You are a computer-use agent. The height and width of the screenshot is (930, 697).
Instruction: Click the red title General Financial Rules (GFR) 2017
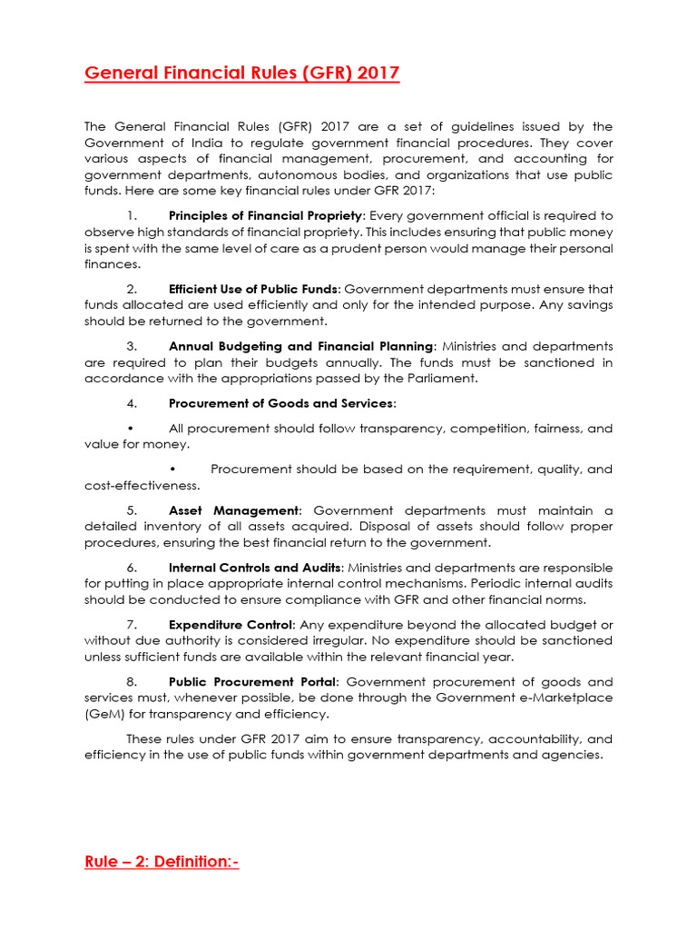(x=241, y=73)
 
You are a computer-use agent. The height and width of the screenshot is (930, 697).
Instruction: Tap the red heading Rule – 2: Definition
(x=161, y=861)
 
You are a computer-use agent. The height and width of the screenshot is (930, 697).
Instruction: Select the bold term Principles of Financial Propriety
(x=265, y=215)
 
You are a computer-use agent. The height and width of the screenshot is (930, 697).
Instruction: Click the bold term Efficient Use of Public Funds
(x=254, y=289)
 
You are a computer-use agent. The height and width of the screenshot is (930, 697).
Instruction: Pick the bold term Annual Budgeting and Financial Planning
(x=301, y=346)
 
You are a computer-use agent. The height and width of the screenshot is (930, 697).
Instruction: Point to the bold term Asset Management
(x=233, y=510)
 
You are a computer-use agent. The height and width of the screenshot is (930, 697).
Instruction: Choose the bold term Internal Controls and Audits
(x=256, y=568)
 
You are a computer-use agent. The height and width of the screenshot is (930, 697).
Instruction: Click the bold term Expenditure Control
(x=231, y=625)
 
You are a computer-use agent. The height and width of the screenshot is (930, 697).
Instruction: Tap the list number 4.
(x=132, y=403)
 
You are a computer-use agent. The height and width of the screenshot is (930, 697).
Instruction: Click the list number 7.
(x=132, y=625)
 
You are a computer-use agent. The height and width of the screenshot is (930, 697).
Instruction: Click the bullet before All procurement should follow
(x=132, y=429)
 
